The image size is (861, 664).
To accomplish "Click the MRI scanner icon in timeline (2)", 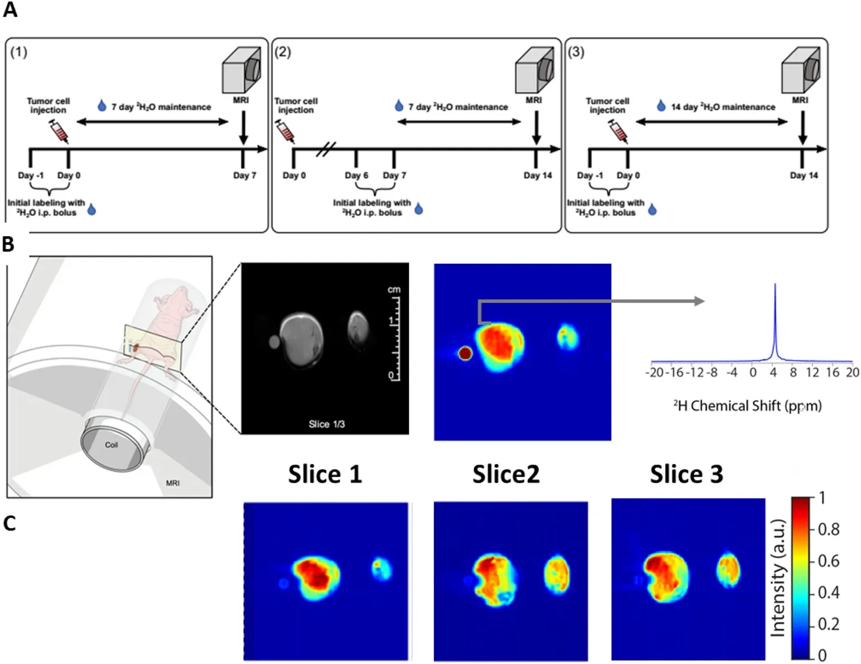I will (534, 70).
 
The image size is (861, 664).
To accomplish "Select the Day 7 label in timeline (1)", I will (245, 176).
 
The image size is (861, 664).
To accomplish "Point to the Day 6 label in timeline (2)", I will (356, 176).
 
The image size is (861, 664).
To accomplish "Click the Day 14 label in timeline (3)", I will (804, 176).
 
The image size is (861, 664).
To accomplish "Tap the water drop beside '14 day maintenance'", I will (661, 106).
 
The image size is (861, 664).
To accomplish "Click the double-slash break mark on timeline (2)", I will (326, 149).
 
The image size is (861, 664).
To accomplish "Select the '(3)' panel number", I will (576, 52).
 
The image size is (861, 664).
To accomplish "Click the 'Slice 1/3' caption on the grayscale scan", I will (326, 424).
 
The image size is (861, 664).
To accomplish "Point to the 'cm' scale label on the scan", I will (394, 290).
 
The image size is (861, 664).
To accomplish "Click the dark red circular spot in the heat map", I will (465, 353).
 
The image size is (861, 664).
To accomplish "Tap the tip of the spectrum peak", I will (775, 285).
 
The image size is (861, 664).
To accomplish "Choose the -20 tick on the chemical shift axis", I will (656, 373).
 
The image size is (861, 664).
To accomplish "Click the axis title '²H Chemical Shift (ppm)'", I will (747, 406).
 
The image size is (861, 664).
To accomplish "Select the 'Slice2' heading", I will (506, 474).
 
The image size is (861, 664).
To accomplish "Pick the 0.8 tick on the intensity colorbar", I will (828, 529).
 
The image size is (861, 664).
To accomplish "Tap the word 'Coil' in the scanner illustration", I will (111, 445).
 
